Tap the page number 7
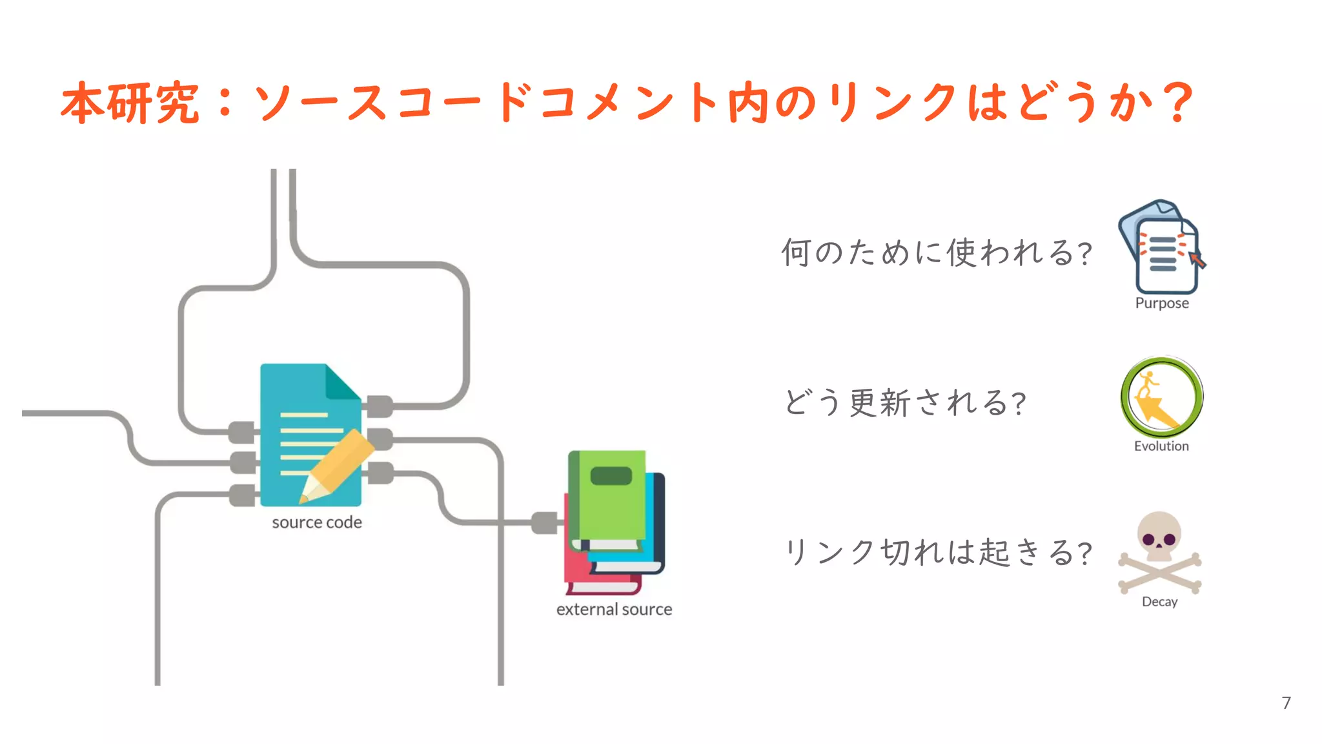pyautogui.click(x=1286, y=703)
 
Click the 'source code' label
pyautogui.click(x=316, y=522)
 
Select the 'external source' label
pyautogui.click(x=614, y=609)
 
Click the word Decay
pyautogui.click(x=1159, y=601)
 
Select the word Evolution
pyautogui.click(x=1161, y=446)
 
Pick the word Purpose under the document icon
pyautogui.click(x=1162, y=303)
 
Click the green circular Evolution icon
pyautogui.click(x=1161, y=397)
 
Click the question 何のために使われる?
pyautogui.click(x=936, y=253)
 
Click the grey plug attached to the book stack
pyautogui.click(x=544, y=522)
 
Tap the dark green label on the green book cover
pyautogui.click(x=611, y=476)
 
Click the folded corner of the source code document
pyautogui.click(x=342, y=382)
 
